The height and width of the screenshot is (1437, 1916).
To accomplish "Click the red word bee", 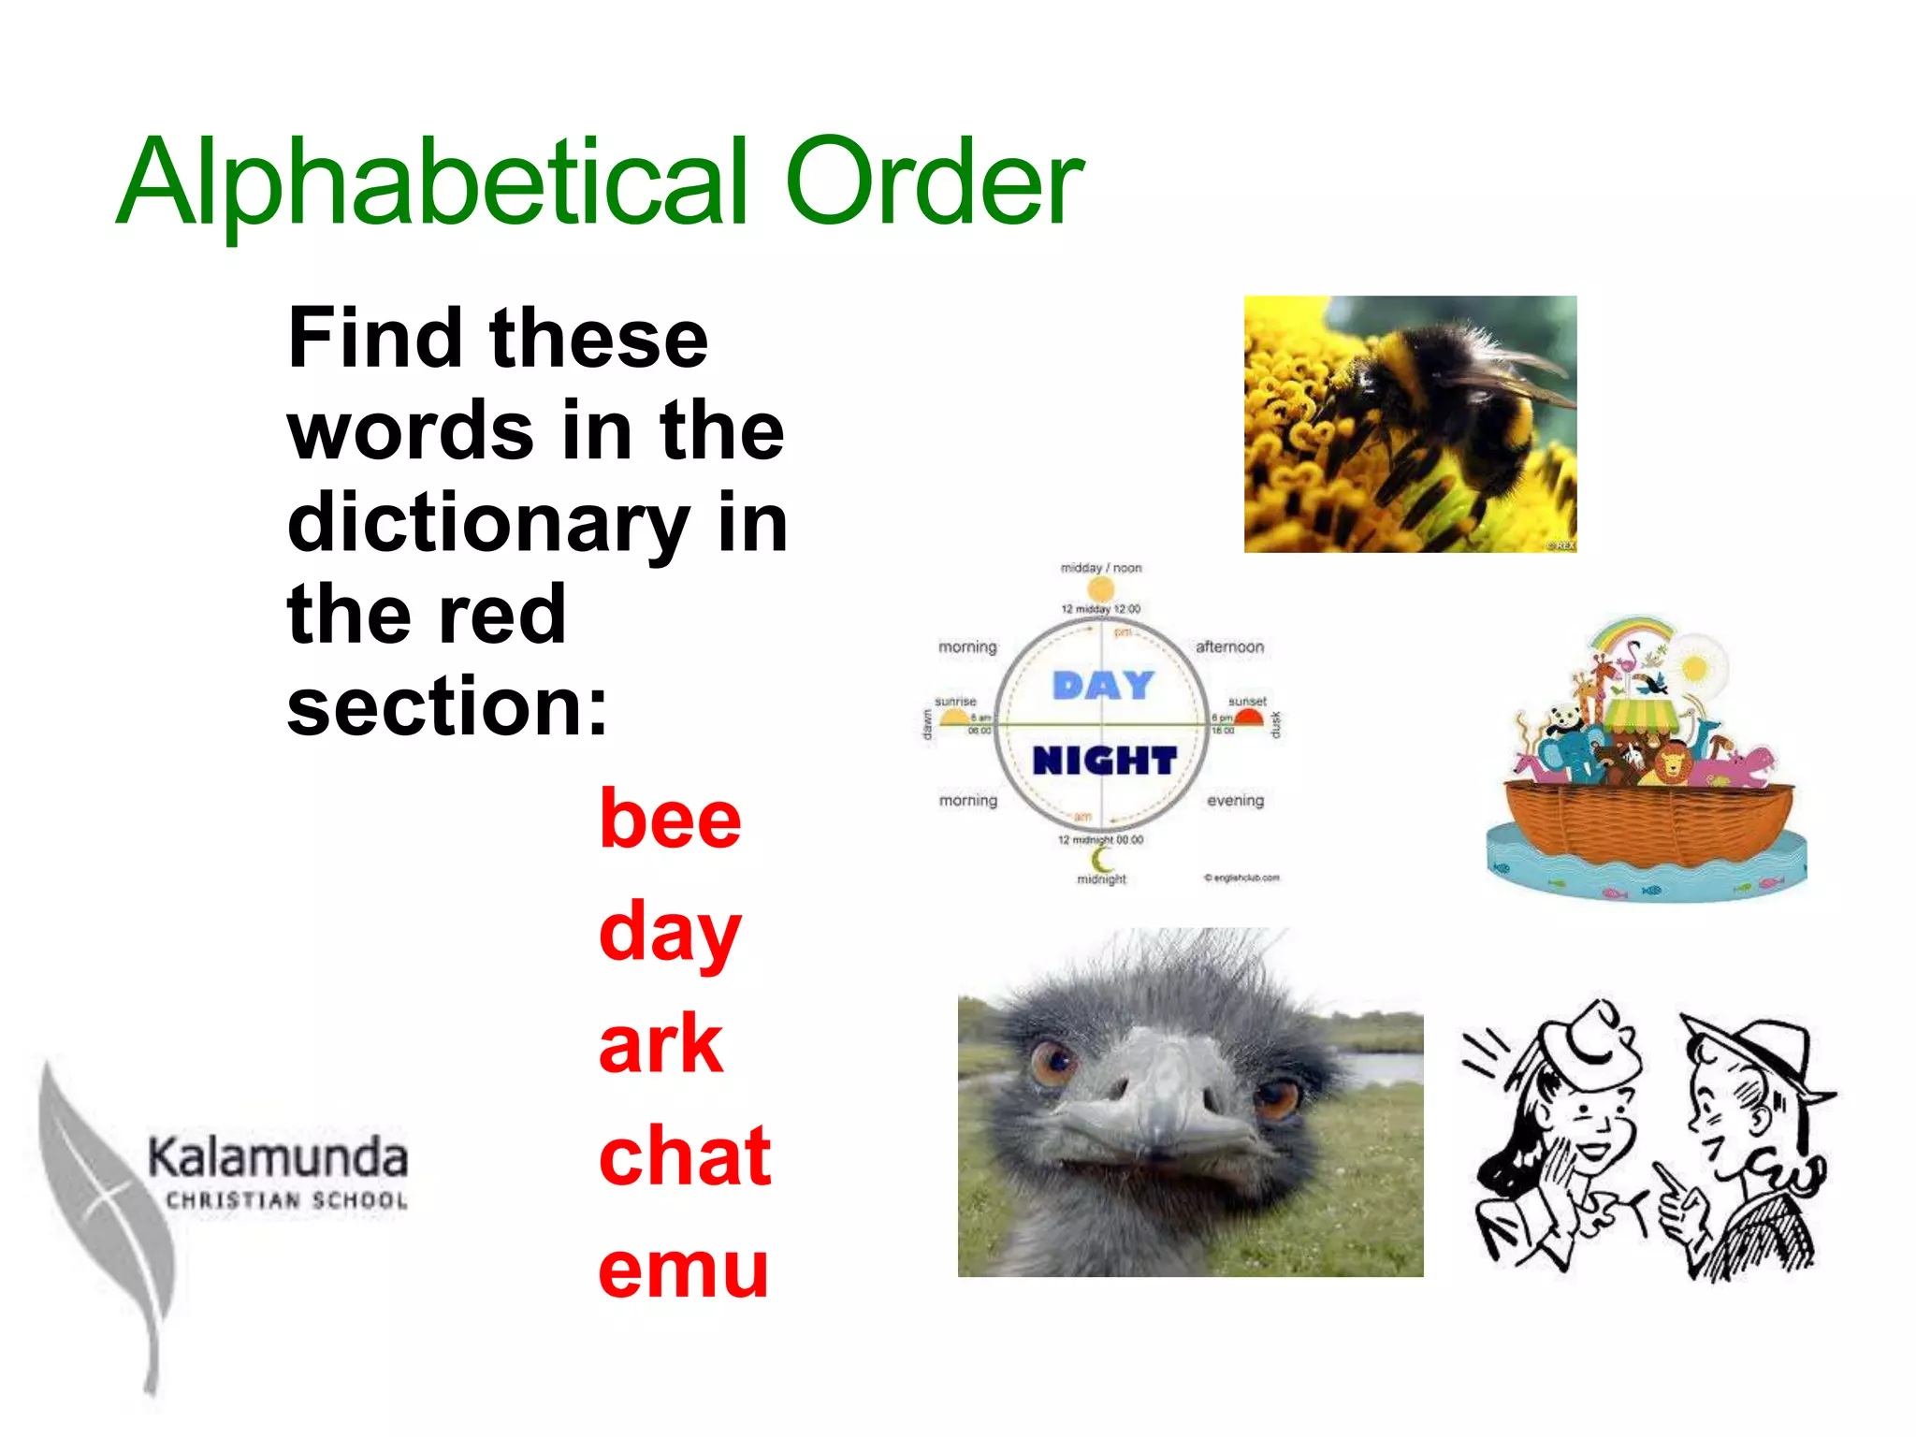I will (670, 820).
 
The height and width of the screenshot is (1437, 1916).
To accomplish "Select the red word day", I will (670, 932).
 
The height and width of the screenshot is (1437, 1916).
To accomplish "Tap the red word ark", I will (660, 1044).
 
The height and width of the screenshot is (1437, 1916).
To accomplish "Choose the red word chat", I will (685, 1156).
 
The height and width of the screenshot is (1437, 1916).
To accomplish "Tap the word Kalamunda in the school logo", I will (278, 1157).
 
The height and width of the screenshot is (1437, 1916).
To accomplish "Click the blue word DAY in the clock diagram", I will (1103, 686).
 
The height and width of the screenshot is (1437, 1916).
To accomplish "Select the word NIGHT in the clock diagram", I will (1104, 761).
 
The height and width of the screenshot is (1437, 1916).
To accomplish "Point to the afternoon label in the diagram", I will (1229, 646).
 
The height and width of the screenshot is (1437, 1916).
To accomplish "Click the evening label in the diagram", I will (1235, 801).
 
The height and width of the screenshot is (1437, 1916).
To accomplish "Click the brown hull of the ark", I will (1647, 823).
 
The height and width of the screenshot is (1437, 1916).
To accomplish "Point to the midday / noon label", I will (1101, 568).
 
